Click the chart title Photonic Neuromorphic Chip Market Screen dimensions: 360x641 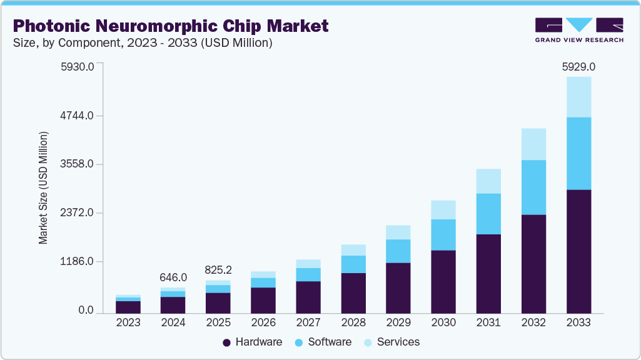pyautogui.click(x=170, y=26)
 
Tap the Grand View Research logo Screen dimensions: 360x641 pyautogui.click(x=579, y=29)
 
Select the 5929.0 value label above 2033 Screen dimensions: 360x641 pyautogui.click(x=578, y=66)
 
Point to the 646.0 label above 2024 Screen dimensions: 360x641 pyautogui.click(x=173, y=277)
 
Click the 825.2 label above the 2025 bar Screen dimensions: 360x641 pyautogui.click(x=218, y=270)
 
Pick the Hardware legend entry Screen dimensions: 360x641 pyautogui.click(x=253, y=342)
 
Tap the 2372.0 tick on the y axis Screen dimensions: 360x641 pyautogui.click(x=76, y=213)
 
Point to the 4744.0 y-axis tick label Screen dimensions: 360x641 pyautogui.click(x=76, y=116)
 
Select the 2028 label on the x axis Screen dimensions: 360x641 pyautogui.click(x=353, y=322)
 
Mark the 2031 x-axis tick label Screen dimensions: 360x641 pyautogui.click(x=488, y=322)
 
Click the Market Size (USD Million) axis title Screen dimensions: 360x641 pyautogui.click(x=43, y=187)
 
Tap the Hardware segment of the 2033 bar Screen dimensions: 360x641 pyautogui.click(x=578, y=250)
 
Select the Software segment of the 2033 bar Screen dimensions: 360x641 pyautogui.click(x=578, y=153)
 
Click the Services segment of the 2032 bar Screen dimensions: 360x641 pyautogui.click(x=533, y=144)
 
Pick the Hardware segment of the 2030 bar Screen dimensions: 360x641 pyautogui.click(x=443, y=281)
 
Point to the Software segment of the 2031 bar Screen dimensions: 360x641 pyautogui.click(x=488, y=214)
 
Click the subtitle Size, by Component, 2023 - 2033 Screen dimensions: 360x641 pyautogui.click(x=143, y=43)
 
